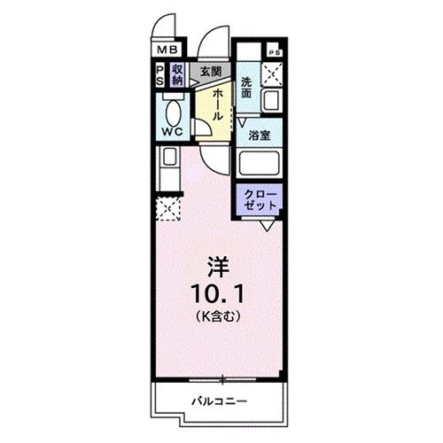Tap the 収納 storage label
click(178, 74)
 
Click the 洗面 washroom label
click(247, 88)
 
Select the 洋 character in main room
click(219, 264)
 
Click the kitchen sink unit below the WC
click(167, 167)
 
